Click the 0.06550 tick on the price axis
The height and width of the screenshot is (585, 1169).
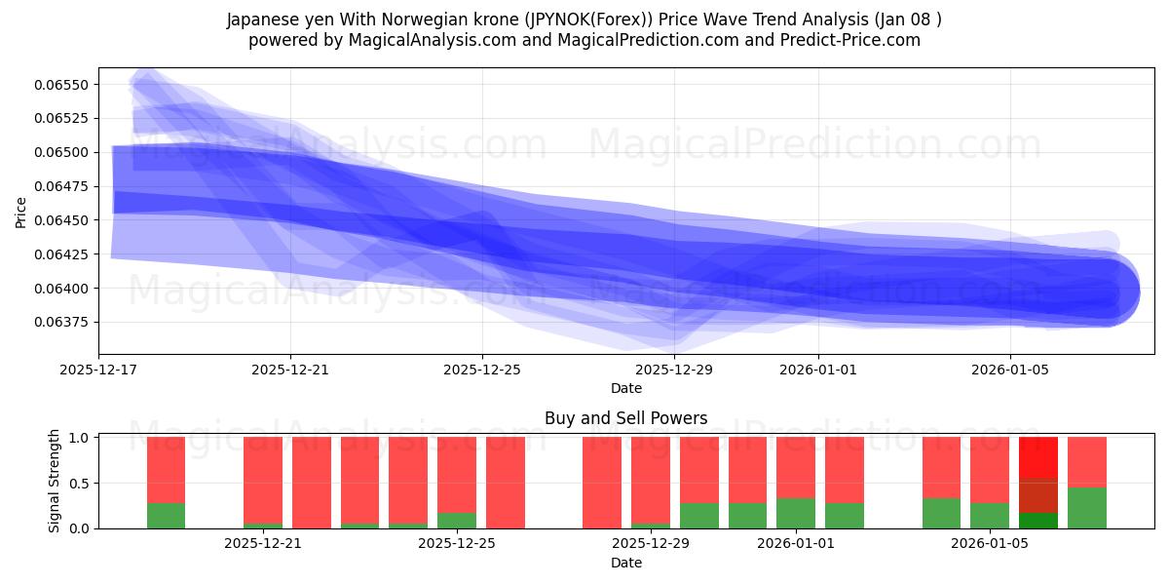(x=61, y=85)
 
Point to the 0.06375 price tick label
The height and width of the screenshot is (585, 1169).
(x=61, y=322)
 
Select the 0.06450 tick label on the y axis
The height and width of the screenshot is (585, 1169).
(x=61, y=220)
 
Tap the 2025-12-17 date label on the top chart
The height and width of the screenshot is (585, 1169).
(x=98, y=370)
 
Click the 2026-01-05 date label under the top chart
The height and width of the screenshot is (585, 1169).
(x=1010, y=370)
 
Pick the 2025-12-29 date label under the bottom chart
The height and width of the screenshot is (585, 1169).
(x=650, y=544)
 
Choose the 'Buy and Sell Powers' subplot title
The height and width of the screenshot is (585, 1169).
(x=625, y=419)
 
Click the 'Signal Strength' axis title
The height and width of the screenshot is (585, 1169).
(x=55, y=481)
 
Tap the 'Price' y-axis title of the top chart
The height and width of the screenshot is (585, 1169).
(x=20, y=212)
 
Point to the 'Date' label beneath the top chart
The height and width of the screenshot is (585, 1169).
(x=625, y=388)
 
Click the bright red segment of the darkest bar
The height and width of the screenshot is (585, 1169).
(x=1037, y=456)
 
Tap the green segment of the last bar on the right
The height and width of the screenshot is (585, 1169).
(x=1086, y=507)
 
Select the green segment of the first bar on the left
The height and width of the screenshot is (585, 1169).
(x=166, y=515)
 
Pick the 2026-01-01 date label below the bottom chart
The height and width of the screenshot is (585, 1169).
(x=796, y=544)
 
